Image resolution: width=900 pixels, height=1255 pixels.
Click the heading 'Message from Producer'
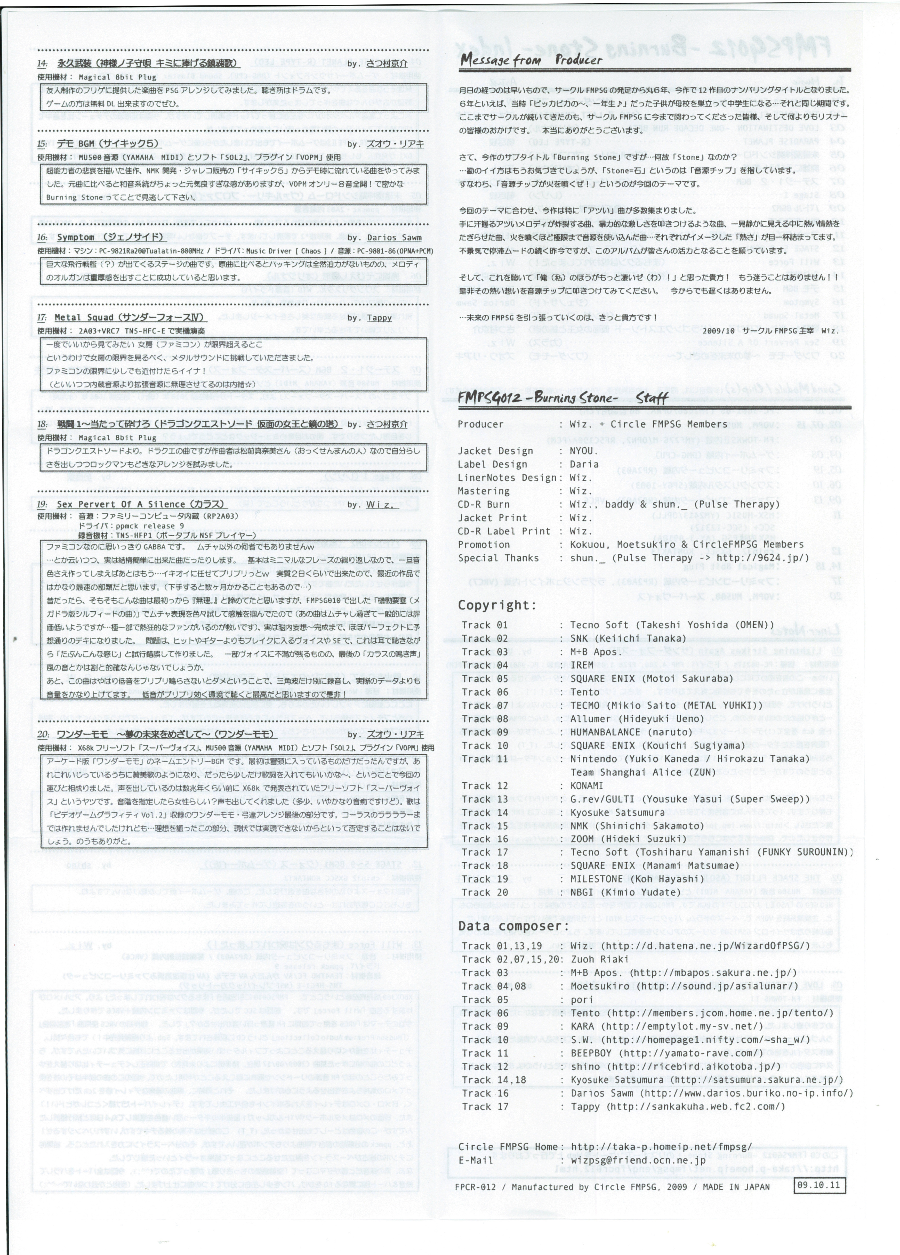coord(530,60)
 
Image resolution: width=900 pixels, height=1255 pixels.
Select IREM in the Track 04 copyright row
coord(582,665)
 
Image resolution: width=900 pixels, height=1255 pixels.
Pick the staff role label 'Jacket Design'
coord(495,451)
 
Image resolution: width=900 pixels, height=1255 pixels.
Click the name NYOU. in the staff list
coord(583,451)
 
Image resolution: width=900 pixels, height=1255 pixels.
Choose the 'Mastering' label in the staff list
coord(483,491)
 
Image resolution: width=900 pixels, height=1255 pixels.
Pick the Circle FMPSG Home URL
coord(661,1147)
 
